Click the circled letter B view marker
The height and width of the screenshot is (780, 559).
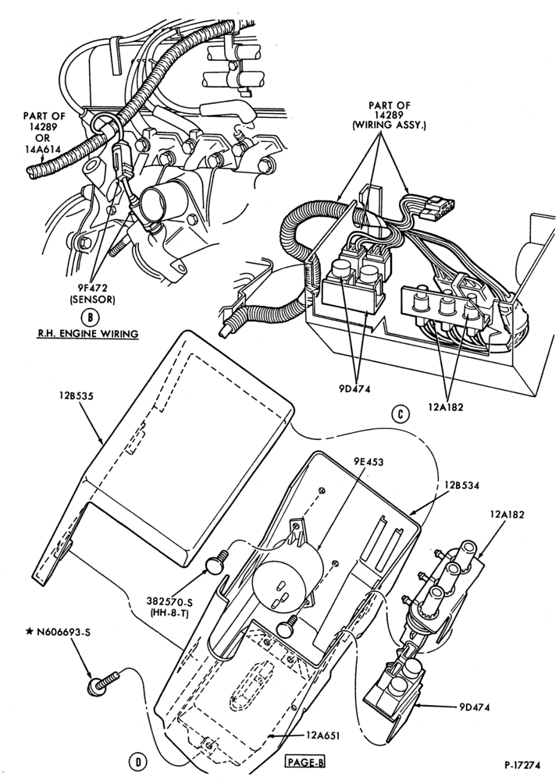(90, 317)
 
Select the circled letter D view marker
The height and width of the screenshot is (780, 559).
(138, 761)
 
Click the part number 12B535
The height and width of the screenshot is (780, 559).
(72, 396)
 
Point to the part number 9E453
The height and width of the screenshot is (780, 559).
(369, 462)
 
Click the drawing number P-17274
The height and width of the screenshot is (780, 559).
(522, 765)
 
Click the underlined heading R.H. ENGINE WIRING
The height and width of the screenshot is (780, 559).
(87, 333)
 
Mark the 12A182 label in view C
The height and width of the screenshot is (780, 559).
(445, 407)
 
